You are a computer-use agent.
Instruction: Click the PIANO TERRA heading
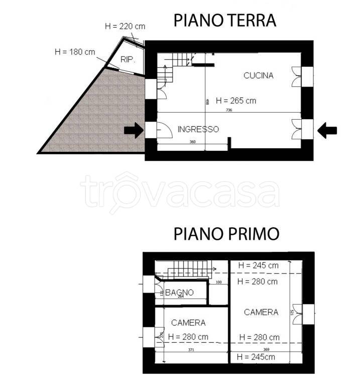[224, 20]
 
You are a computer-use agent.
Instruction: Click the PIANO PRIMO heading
[226, 234]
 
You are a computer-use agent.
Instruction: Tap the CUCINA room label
[258, 76]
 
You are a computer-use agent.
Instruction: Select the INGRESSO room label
[198, 129]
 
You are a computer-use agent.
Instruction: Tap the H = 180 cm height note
[74, 52]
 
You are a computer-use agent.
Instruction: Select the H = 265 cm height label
[235, 101]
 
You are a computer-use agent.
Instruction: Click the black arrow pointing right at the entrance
[133, 131]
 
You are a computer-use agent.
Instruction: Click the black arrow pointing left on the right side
[327, 131]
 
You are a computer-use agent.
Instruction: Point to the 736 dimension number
[229, 110]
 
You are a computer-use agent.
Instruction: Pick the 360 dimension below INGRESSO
[192, 142]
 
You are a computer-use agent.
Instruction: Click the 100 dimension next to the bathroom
[218, 282]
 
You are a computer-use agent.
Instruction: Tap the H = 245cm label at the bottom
[257, 357]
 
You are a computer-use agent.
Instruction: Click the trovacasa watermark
[180, 192]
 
